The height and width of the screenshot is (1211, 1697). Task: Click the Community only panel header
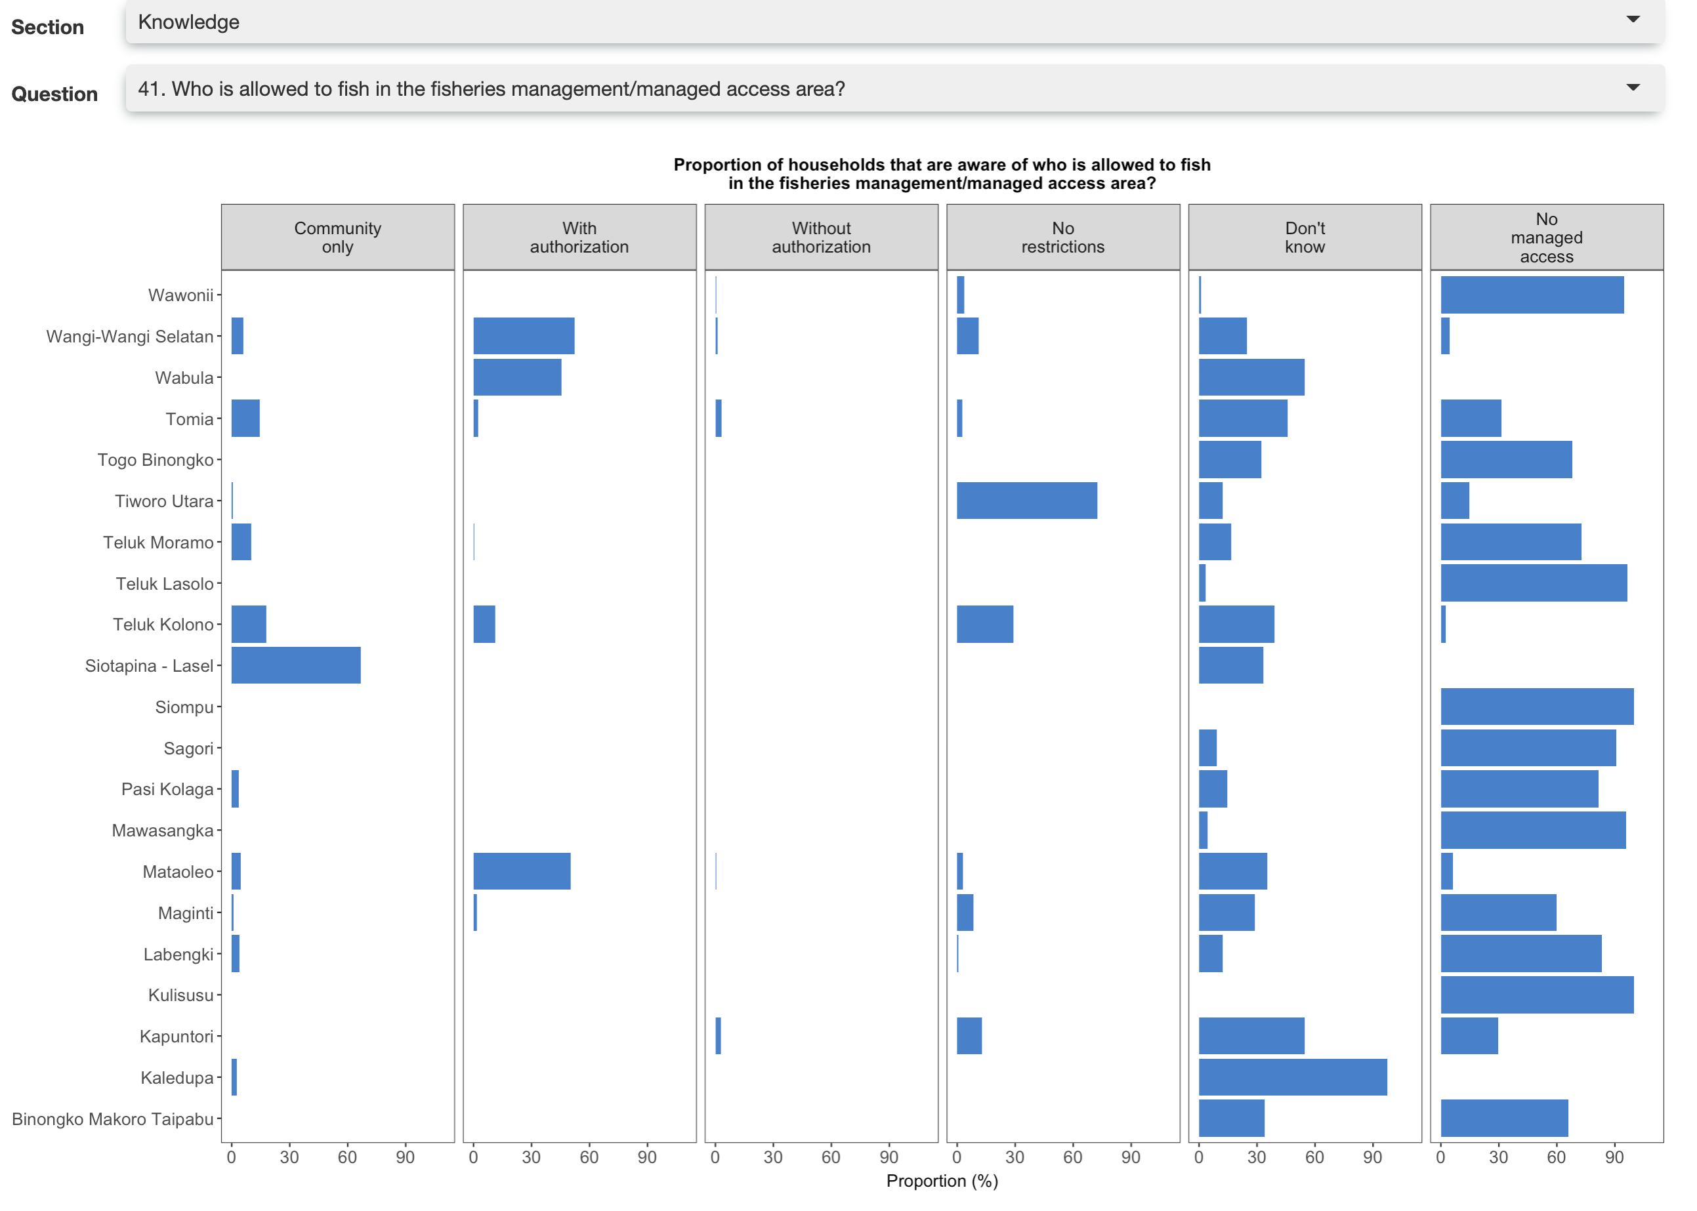point(338,237)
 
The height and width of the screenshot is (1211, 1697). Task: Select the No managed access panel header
point(1545,237)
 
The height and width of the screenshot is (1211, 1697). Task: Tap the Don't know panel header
point(1304,237)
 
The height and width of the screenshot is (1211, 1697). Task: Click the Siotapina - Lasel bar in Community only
point(295,665)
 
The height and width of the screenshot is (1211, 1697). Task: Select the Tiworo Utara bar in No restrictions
point(1026,501)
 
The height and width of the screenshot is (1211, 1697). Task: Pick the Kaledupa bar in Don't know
point(1292,1077)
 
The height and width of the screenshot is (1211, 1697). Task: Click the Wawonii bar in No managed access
point(1532,295)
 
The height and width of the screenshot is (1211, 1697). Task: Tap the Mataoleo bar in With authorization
point(522,871)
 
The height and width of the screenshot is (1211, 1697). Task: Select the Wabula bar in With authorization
point(517,377)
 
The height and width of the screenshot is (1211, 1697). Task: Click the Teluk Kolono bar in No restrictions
point(984,624)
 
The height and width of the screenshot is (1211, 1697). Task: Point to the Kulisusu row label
point(180,995)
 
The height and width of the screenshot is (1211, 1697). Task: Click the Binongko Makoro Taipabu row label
point(113,1119)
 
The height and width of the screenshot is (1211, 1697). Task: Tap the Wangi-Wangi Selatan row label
point(130,337)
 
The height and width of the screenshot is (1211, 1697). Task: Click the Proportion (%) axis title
point(942,1180)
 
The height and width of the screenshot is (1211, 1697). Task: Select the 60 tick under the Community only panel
point(347,1157)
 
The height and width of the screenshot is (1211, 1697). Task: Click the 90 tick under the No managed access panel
point(1614,1157)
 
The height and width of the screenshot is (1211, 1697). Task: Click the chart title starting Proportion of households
point(942,174)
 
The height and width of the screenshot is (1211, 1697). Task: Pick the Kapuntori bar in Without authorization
point(718,1036)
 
